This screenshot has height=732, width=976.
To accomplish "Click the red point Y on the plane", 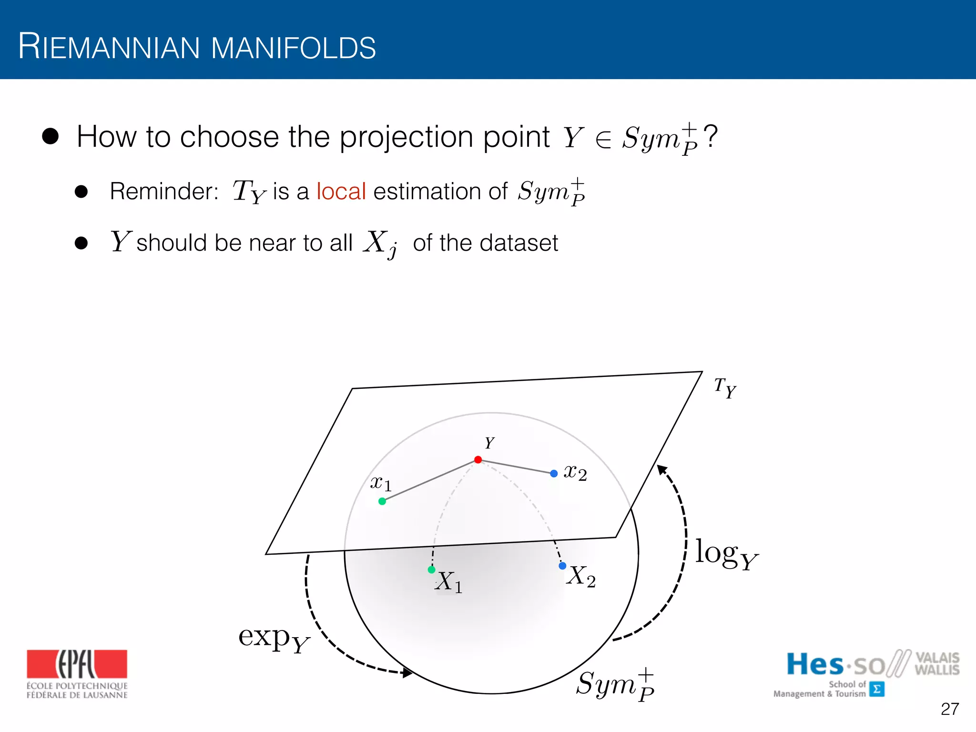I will pos(478,460).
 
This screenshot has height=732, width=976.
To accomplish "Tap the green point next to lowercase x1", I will pos(382,501).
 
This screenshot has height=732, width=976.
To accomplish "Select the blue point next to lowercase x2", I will pos(554,474).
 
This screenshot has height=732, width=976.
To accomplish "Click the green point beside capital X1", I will pos(432,569).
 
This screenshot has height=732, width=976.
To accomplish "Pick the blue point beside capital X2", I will pos(562,566).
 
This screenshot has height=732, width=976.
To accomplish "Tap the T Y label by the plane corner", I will pos(725,387).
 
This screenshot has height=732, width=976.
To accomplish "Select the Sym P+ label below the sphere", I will pos(615,685).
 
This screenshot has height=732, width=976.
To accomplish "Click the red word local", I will pos(341,191).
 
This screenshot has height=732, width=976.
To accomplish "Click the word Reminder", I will pos(164,191).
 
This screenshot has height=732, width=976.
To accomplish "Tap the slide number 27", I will pos(949,709).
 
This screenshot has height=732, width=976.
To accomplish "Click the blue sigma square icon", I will pos(877,689).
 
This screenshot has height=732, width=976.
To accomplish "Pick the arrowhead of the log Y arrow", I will pos(661,469).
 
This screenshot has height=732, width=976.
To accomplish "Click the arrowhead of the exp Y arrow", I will pos(407,673).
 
